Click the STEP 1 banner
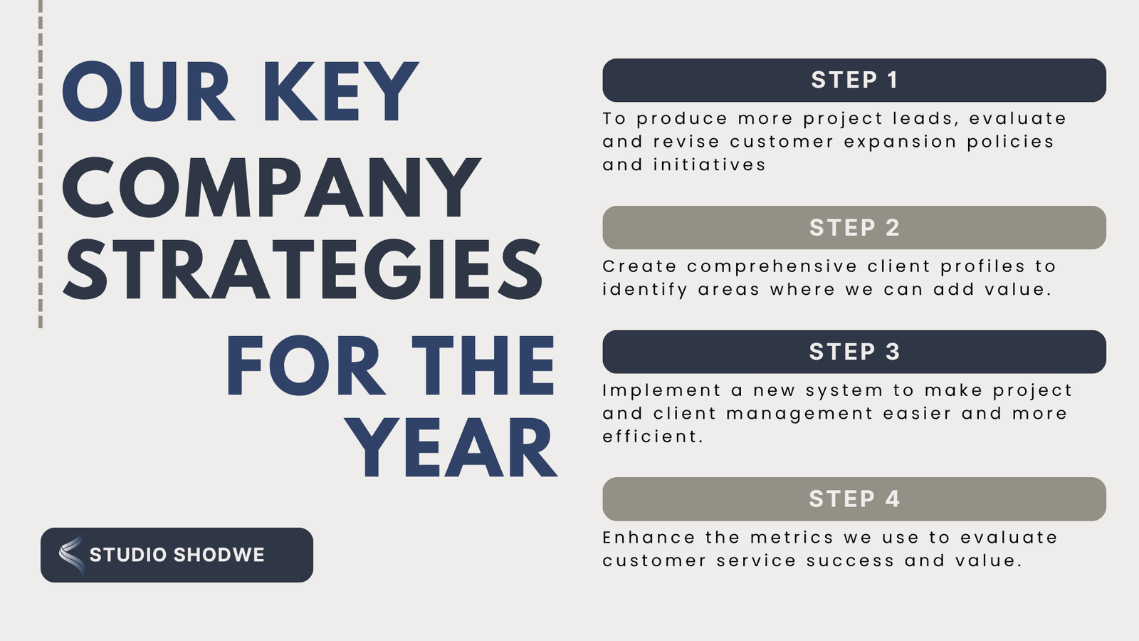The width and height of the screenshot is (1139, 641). point(854,80)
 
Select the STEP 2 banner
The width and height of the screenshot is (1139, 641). point(854,227)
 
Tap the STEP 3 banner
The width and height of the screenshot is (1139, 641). point(854,352)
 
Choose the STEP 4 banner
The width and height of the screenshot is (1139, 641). point(854,499)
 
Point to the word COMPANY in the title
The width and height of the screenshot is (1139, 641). point(271,187)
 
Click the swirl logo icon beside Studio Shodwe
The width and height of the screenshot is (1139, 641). point(71,555)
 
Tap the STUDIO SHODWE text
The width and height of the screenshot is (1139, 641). point(177,555)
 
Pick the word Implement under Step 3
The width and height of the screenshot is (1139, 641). point(661,391)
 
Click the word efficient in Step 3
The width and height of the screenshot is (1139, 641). point(653,437)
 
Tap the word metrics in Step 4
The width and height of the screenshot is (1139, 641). point(792,538)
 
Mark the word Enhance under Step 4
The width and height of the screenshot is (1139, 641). point(649,538)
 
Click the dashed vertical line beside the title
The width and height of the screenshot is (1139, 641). point(41,164)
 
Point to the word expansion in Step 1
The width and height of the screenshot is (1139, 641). point(900,142)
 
